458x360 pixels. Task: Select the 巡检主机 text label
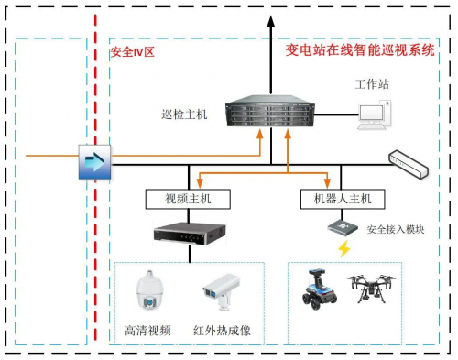(184, 115)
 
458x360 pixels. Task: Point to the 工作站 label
(373, 84)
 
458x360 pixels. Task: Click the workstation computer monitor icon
(376, 113)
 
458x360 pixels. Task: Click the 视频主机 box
(186, 199)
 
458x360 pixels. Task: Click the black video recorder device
(187, 234)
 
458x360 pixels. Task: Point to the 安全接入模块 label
(395, 229)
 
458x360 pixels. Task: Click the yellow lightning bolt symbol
(344, 250)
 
